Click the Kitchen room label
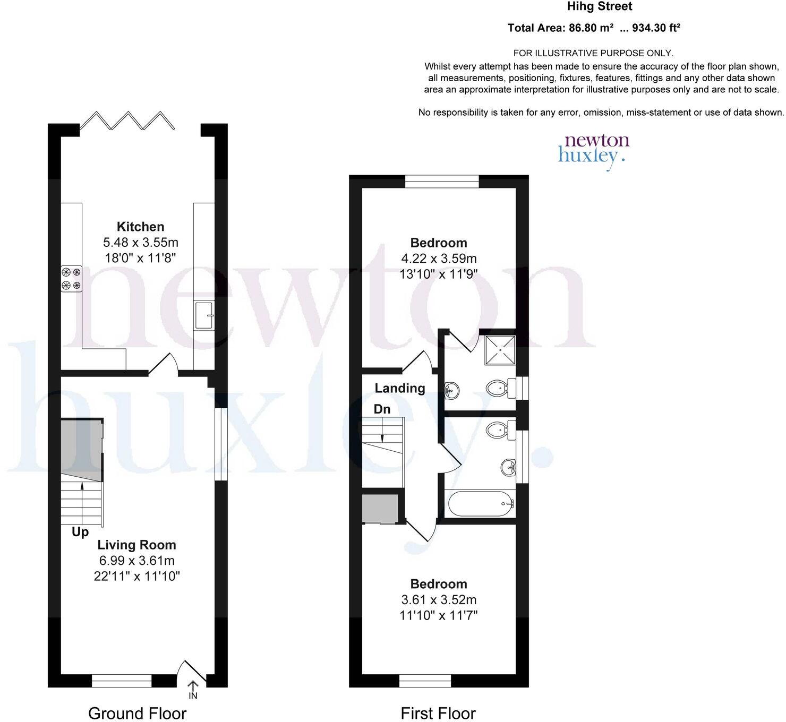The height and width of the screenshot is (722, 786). (x=140, y=227)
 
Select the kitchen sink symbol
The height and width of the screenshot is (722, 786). (x=204, y=315)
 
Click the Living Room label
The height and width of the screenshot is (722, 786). (x=136, y=545)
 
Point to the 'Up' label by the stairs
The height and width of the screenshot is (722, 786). (x=80, y=532)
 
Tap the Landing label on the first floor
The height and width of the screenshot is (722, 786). (x=400, y=388)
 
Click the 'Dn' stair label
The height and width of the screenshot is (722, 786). (x=382, y=409)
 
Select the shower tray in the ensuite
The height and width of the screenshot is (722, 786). (x=500, y=350)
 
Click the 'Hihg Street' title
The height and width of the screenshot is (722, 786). (x=599, y=7)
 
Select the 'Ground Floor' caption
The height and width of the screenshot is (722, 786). (x=137, y=713)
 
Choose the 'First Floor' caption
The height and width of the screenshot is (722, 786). (x=438, y=713)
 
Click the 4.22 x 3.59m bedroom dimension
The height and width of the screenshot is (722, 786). (x=439, y=259)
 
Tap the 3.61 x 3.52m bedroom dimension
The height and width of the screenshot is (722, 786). (x=439, y=600)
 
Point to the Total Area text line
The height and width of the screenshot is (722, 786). (x=594, y=28)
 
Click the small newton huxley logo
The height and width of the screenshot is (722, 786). (x=593, y=150)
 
